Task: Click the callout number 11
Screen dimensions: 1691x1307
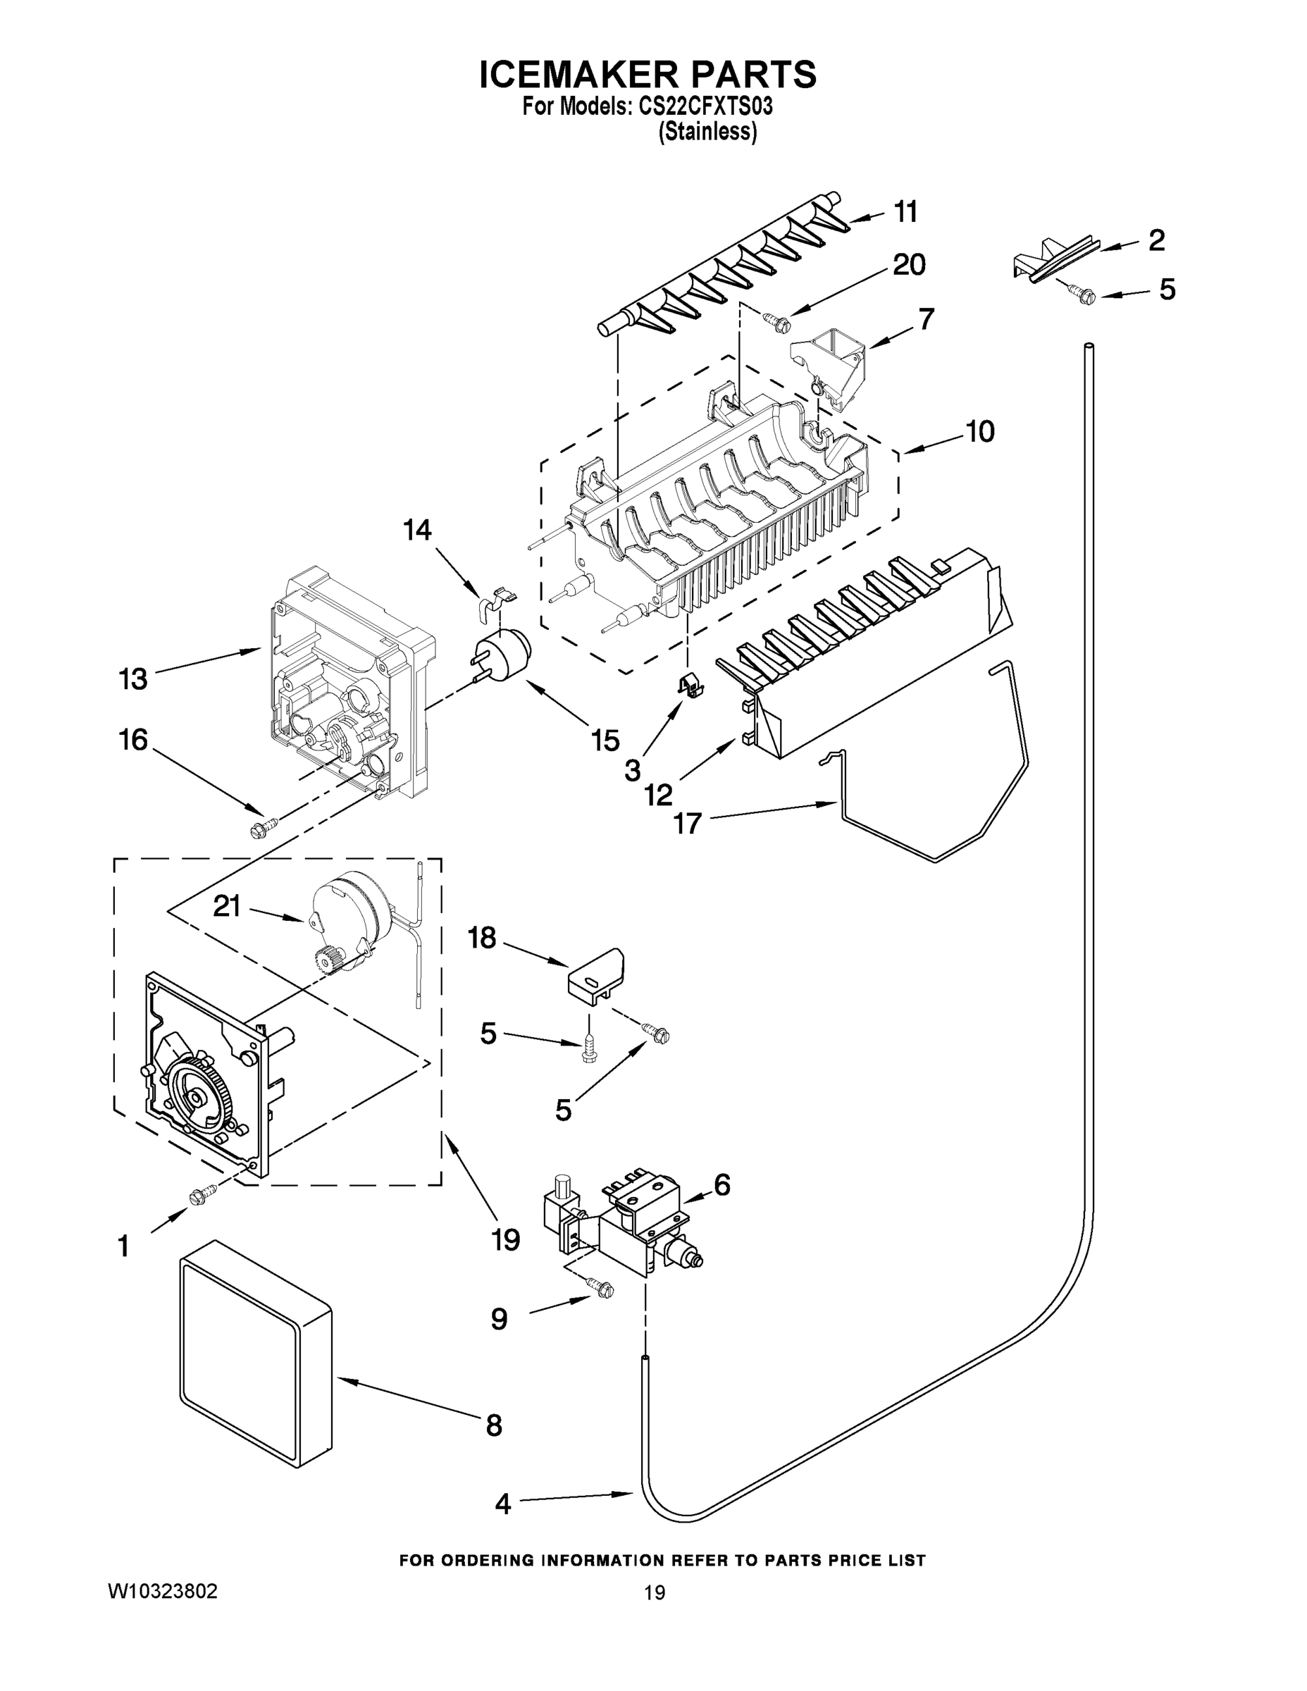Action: coord(905,211)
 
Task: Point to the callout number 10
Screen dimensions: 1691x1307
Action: coord(979,431)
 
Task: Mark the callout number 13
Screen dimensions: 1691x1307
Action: coord(132,679)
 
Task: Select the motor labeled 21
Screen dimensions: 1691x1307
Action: coord(350,914)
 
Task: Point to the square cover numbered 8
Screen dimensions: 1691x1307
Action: coord(256,1361)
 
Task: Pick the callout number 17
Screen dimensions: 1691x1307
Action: coord(687,822)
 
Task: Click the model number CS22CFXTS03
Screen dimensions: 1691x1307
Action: coord(705,106)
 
